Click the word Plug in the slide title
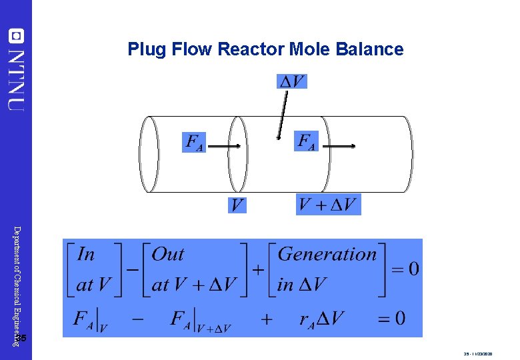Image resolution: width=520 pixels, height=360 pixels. pyautogui.click(x=144, y=49)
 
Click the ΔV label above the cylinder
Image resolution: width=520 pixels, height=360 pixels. pyautogui.click(x=292, y=81)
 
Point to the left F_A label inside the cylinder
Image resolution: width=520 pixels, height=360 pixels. pyautogui.click(x=194, y=142)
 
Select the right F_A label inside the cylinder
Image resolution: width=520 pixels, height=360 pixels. pyautogui.click(x=306, y=141)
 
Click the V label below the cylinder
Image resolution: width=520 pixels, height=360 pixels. pyautogui.click(x=237, y=205)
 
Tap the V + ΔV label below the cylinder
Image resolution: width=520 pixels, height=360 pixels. pyautogui.click(x=328, y=204)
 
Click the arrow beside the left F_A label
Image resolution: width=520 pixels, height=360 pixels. pyautogui.click(x=225, y=145)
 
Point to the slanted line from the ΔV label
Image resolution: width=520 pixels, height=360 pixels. pyautogui.click(x=283, y=114)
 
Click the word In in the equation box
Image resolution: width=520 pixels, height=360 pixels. pyautogui.click(x=86, y=254)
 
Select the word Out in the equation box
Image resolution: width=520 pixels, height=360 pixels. pyautogui.click(x=168, y=254)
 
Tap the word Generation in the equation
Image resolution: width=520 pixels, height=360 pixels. pyautogui.click(x=327, y=254)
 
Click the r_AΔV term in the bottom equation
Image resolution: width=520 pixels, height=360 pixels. pyautogui.click(x=321, y=319)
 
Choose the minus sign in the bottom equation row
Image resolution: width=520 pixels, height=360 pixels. pyautogui.click(x=137, y=319)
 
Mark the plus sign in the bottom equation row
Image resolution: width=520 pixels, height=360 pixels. pyautogui.click(x=267, y=319)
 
